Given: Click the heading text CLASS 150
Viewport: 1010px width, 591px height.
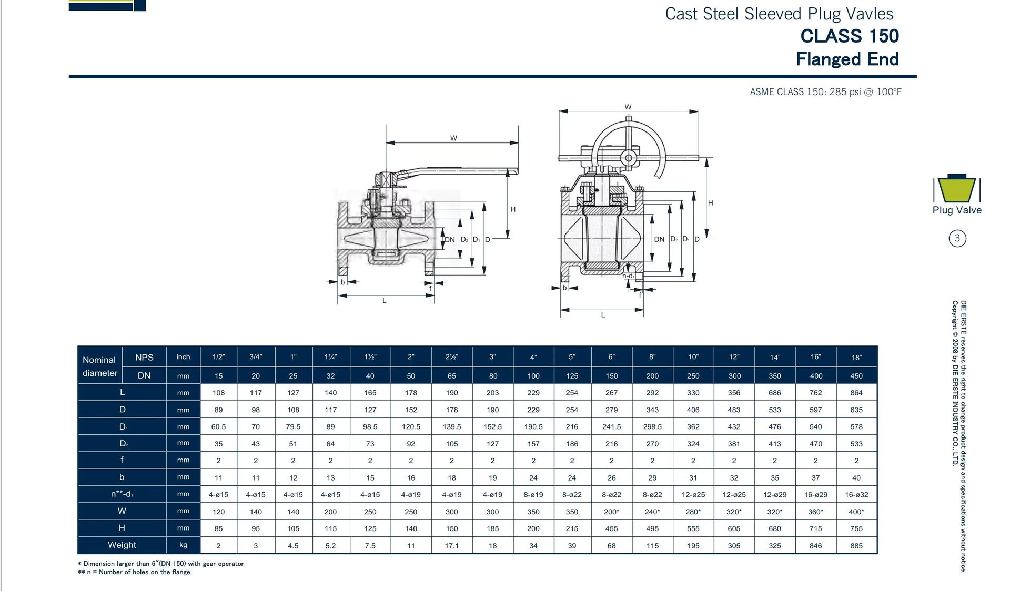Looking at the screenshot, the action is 850,36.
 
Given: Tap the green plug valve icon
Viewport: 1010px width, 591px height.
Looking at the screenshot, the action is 957,189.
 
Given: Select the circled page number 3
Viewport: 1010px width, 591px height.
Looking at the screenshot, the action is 957,238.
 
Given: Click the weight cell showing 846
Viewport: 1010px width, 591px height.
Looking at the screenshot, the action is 815,546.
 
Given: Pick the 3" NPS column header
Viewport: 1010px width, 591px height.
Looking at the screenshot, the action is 492,356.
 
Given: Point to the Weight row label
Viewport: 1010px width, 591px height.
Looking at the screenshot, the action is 122,545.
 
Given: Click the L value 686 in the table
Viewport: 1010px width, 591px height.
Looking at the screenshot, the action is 774,393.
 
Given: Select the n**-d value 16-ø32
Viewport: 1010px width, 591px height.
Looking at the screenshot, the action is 856,495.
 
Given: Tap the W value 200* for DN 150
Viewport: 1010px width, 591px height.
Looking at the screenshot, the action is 611,512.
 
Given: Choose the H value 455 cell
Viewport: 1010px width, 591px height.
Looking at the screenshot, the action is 611,528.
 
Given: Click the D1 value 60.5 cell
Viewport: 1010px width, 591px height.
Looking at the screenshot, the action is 218,427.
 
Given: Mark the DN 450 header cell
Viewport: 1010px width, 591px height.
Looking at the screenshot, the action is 856,376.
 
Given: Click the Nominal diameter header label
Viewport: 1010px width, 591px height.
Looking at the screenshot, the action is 100,366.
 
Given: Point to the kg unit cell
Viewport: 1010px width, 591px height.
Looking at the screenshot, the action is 183,545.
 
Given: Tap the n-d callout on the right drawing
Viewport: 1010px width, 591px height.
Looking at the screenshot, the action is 628,276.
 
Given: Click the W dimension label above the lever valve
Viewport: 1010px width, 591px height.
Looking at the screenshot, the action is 453,138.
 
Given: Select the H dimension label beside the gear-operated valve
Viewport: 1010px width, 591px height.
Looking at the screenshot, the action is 710,203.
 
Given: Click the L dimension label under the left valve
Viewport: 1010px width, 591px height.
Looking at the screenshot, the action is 385,301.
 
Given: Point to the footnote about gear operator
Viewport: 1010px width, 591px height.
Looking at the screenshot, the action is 160,564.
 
